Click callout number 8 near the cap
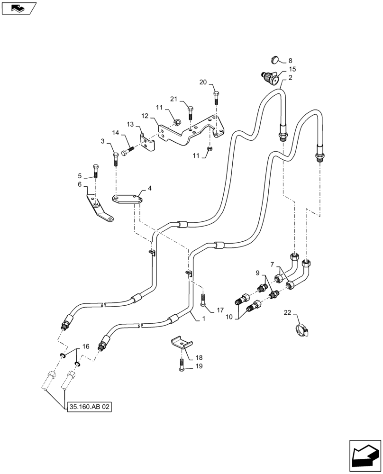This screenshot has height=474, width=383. coord(290,60)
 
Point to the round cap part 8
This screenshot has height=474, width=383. coord(274,59)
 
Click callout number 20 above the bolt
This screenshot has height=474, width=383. coord(203,82)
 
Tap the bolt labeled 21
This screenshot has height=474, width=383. coord(190,113)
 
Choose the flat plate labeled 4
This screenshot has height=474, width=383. coord(128,198)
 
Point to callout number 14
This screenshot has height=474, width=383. coord(115,133)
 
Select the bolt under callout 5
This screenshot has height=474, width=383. coord(96,171)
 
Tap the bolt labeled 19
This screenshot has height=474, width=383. coord(182,365)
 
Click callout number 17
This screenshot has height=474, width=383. coord(220,310)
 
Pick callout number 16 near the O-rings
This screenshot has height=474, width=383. coord(85,347)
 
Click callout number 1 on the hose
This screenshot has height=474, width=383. coord(203,319)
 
